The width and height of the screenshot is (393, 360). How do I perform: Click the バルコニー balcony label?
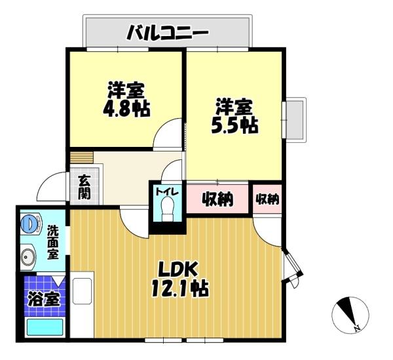click(x=167, y=31)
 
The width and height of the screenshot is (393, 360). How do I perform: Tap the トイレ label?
click(x=164, y=191)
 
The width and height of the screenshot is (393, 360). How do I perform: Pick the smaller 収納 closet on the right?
click(x=267, y=199)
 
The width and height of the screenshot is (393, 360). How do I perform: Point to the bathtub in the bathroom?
click(x=43, y=327)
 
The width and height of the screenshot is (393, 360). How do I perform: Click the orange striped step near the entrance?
click(x=83, y=157)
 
